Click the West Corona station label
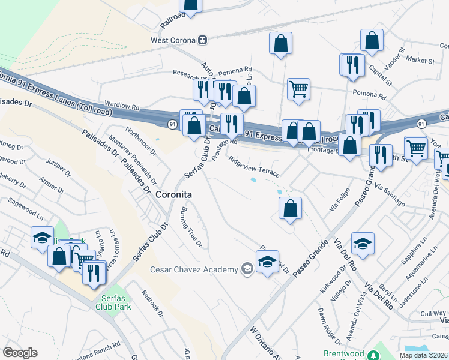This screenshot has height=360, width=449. (173, 40)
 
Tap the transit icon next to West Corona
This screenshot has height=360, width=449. (203, 40)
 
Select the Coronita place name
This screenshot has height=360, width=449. (173, 195)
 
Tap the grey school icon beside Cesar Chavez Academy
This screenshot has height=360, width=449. (246, 269)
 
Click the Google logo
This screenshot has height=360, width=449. (20, 353)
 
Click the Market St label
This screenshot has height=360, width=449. (420, 61)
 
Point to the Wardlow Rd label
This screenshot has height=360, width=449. (121, 105)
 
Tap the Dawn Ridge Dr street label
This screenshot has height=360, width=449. (330, 326)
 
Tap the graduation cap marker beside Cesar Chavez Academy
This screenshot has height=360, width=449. (268, 262)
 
